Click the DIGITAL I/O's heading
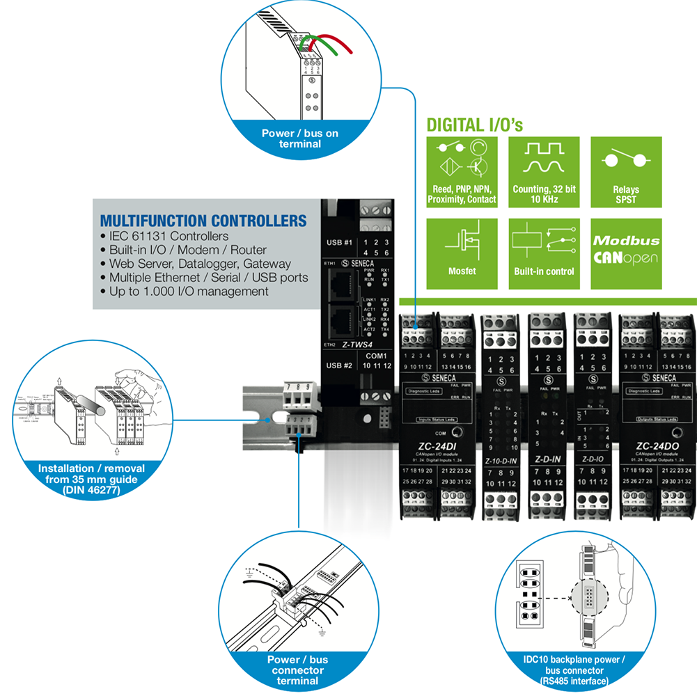pyautogui.click(x=474, y=125)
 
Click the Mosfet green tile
pyautogui.click(x=462, y=253)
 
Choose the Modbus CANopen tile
pyautogui.click(x=625, y=253)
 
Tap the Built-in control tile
pyautogui.click(x=544, y=253)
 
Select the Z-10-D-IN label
pyautogui.click(x=501, y=461)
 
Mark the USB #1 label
pyautogui.click(x=339, y=244)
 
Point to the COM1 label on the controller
pyautogui.click(x=377, y=355)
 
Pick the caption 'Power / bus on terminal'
pyautogui.click(x=292, y=138)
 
